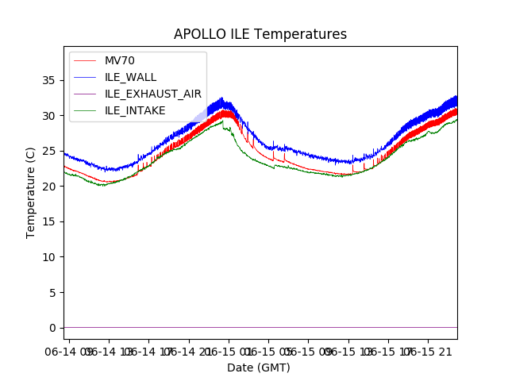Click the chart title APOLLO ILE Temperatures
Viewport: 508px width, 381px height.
tap(260, 35)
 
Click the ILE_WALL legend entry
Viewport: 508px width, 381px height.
tap(130, 77)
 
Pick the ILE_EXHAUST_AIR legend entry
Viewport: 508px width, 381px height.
tap(152, 94)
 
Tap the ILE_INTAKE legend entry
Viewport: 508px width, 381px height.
tap(135, 110)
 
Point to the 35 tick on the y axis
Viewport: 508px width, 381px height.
tap(50, 80)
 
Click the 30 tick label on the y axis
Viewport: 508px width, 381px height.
tap(50, 116)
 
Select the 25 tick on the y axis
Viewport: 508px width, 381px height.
tap(50, 151)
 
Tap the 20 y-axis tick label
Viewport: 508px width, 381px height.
tap(50, 187)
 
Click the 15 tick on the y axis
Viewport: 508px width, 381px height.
tap(50, 221)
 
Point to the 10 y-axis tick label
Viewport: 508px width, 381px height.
tap(50, 257)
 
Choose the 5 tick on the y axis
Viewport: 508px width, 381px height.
tap(53, 292)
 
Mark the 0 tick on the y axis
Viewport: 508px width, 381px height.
tap(53, 328)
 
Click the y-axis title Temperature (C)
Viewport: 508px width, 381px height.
tap(31, 192)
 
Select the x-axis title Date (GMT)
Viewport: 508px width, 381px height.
tap(259, 368)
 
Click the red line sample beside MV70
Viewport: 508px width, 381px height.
tap(86, 60)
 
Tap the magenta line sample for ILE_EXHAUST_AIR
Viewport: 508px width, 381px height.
tap(86, 94)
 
